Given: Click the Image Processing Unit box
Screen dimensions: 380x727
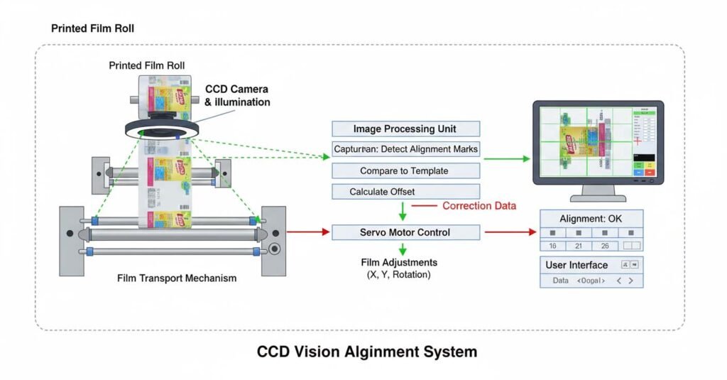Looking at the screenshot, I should coord(405,129).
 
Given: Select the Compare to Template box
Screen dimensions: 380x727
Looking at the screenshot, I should coord(405,171).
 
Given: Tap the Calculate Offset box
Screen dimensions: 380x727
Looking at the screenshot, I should coord(405,192).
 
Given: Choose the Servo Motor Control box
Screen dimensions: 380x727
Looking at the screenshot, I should coord(405,232).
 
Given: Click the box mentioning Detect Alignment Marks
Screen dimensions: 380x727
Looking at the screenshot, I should coord(405,150).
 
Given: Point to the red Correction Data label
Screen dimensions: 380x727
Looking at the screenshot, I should coord(479,206).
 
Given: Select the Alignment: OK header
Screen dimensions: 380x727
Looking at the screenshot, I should coord(591,219).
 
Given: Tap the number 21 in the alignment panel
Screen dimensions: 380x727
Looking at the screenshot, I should coord(579,246).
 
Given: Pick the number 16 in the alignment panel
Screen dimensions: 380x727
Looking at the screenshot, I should coord(552,246).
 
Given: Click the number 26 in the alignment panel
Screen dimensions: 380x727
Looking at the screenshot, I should coord(605,246).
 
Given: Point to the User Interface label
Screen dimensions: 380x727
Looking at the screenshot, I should coord(576,265).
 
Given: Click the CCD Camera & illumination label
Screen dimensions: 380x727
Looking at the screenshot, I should coord(237,95).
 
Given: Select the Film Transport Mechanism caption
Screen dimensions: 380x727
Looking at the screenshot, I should coord(177,278).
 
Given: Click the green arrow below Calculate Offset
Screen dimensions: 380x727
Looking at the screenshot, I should coord(403,211).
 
